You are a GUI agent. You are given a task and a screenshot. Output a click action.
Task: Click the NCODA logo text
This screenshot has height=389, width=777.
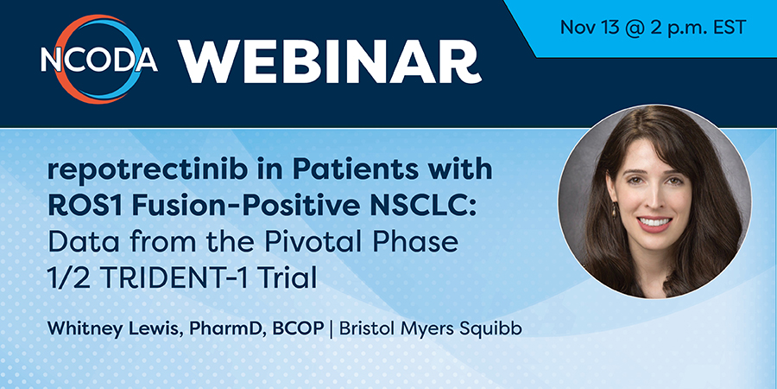pyautogui.click(x=99, y=60)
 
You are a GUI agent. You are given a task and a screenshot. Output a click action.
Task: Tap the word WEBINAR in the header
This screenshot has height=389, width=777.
pyautogui.click(x=330, y=61)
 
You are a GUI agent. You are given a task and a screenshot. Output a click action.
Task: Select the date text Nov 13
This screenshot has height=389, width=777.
pyautogui.click(x=590, y=28)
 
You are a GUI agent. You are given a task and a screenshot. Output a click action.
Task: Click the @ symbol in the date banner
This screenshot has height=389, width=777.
pyautogui.click(x=635, y=28)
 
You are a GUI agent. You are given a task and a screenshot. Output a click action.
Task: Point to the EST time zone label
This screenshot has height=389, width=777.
pyautogui.click(x=730, y=28)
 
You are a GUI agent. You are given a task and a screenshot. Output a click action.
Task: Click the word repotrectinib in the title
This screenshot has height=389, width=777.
pyautogui.click(x=147, y=170)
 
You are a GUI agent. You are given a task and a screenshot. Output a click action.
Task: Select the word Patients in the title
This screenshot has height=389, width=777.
pyautogui.click(x=355, y=169)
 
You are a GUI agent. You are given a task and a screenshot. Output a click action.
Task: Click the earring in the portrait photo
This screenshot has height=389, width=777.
pyautogui.click(x=615, y=210)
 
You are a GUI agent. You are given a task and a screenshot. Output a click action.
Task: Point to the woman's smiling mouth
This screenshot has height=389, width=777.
pyautogui.click(x=654, y=223)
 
